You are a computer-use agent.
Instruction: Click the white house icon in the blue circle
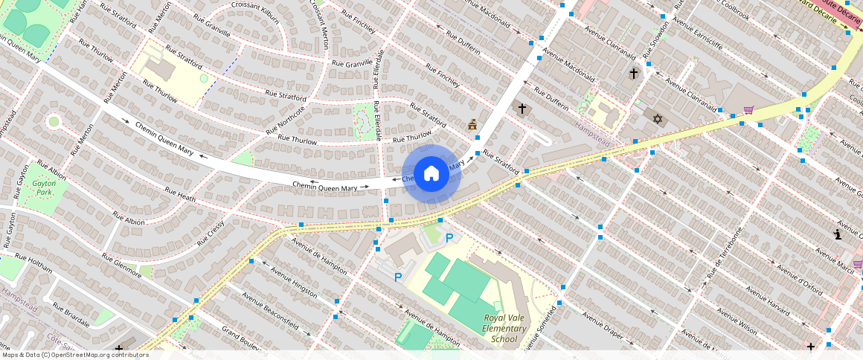(x=431, y=174)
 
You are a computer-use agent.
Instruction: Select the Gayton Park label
(x=44, y=187)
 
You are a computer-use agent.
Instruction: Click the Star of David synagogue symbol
(x=657, y=118)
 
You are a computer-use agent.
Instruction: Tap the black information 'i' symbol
(x=838, y=234)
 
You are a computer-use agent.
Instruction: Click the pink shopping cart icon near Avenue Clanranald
(x=748, y=110)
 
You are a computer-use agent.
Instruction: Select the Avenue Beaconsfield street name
(x=271, y=310)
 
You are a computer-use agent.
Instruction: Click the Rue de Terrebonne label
(x=725, y=253)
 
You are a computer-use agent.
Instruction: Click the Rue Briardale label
(x=71, y=315)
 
